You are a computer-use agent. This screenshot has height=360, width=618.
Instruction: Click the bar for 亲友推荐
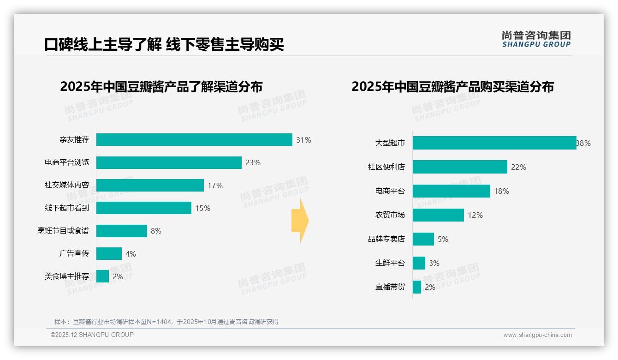click(x=194, y=140)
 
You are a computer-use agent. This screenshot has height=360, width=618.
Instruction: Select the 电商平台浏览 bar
click(x=169, y=162)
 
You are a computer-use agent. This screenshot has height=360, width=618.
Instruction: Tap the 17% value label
click(x=215, y=186)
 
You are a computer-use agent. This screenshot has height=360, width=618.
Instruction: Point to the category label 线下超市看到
click(x=67, y=208)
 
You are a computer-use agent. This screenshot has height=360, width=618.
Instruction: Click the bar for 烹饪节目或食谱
click(x=122, y=231)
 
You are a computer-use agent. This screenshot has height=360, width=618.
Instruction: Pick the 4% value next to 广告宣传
click(x=131, y=254)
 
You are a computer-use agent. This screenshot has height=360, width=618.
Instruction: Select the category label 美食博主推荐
click(x=67, y=276)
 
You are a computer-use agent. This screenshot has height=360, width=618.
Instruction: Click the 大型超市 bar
click(x=494, y=143)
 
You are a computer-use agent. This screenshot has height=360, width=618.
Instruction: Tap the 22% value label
click(x=518, y=167)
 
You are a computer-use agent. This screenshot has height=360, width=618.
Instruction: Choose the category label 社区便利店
click(x=386, y=167)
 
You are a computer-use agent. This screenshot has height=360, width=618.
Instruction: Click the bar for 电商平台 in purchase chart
click(x=452, y=191)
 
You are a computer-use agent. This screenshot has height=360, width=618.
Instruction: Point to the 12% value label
click(x=475, y=215)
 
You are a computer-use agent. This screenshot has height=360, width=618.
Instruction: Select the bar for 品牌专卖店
click(x=423, y=239)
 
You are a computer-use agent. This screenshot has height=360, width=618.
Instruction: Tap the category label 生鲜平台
click(x=390, y=263)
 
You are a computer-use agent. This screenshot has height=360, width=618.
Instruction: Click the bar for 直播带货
click(x=417, y=287)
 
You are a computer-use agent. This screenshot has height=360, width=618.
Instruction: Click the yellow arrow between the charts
click(x=300, y=221)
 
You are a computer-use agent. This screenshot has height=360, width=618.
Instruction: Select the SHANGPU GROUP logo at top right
click(x=536, y=39)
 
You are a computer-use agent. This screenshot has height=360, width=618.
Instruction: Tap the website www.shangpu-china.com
click(x=537, y=335)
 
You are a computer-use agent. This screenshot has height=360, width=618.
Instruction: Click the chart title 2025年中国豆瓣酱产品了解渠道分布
click(x=161, y=87)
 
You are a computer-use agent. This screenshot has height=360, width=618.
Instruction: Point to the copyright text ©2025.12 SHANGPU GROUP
click(x=92, y=335)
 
